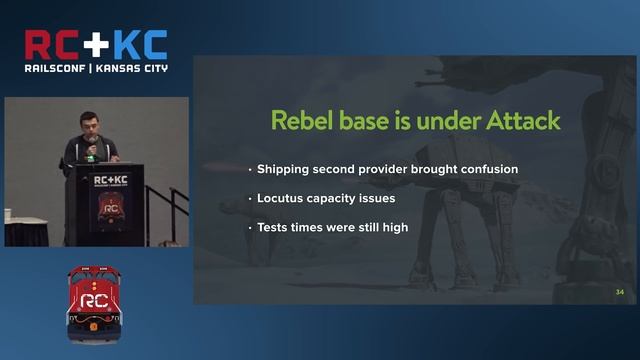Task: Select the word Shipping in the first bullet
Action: pos(284,169)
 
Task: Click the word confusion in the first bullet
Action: pos(486,169)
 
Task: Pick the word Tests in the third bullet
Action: pos(273,227)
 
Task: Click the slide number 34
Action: pos(620,292)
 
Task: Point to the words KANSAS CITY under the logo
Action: pos(132,68)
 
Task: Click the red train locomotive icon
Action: pos(94,297)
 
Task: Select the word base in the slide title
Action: pos(365,121)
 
